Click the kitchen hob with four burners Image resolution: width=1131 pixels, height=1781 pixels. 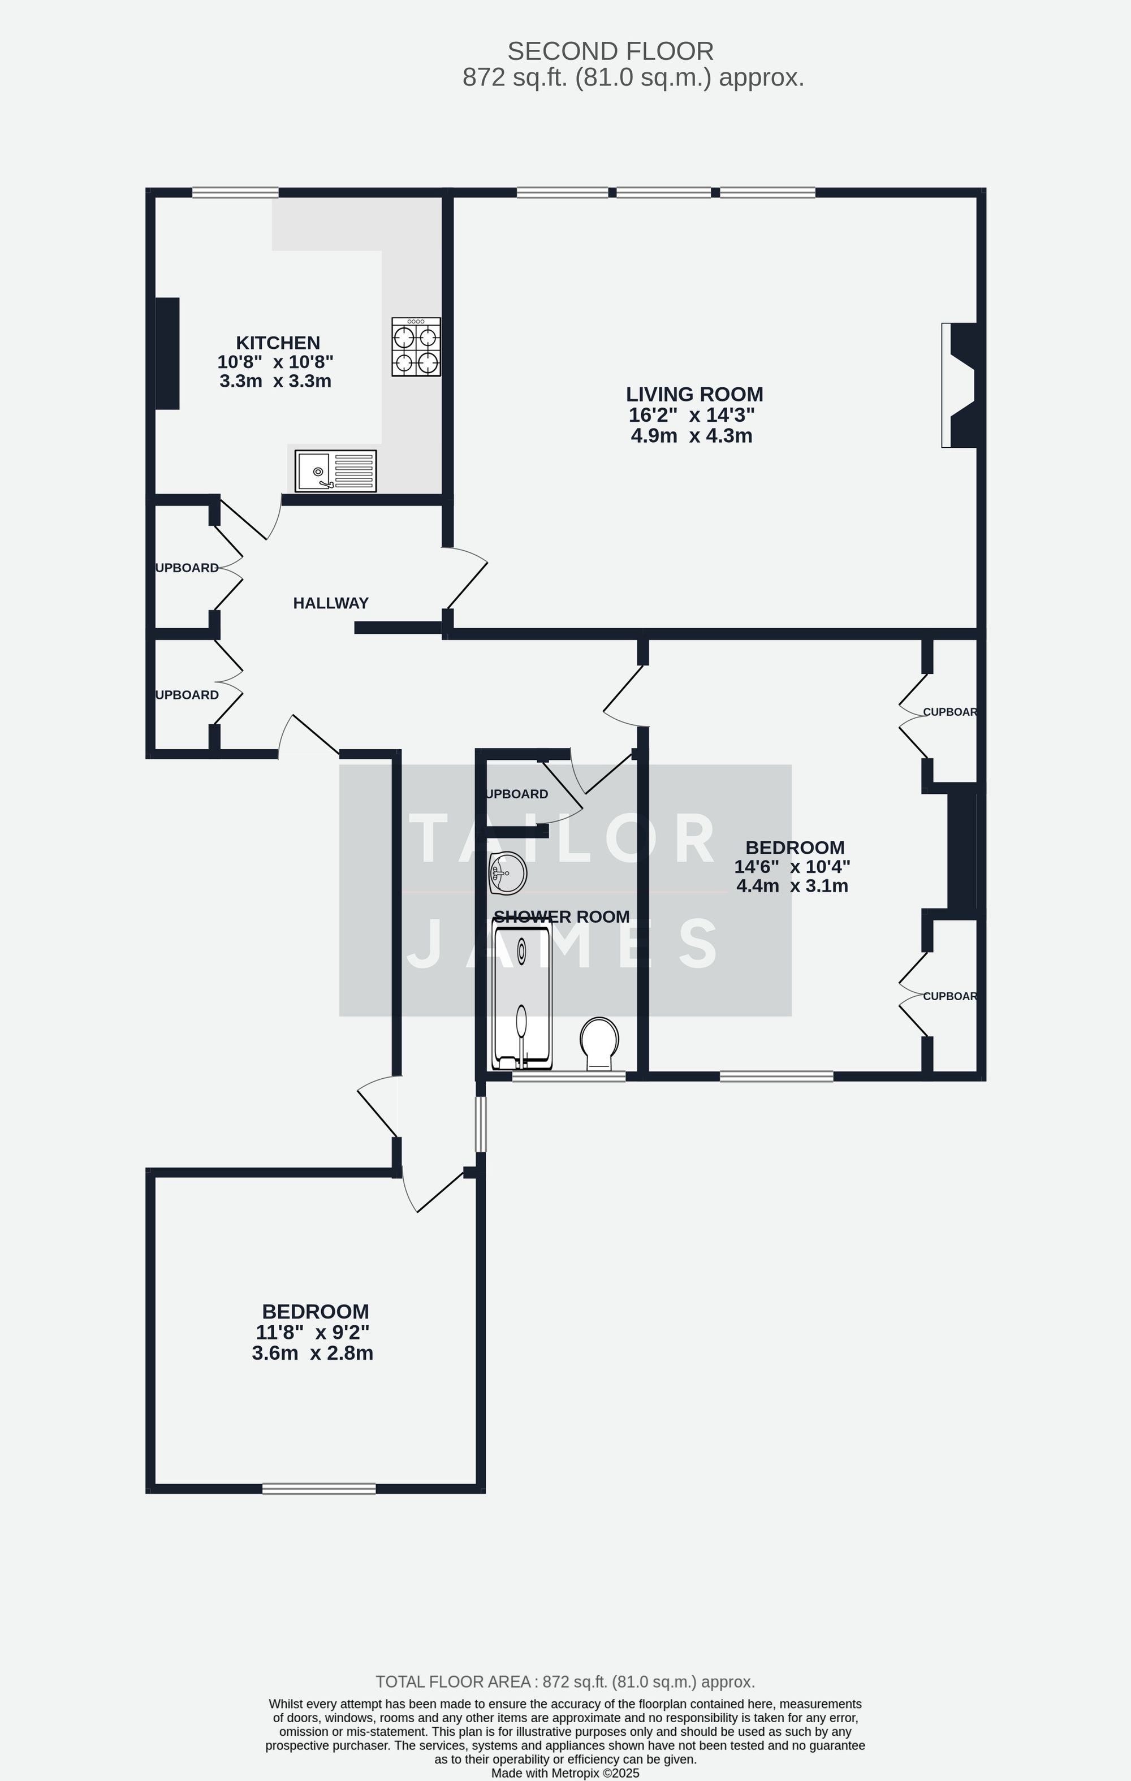click(x=416, y=347)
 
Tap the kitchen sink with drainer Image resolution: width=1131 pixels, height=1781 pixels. click(x=335, y=471)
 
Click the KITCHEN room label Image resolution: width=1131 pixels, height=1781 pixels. click(x=278, y=343)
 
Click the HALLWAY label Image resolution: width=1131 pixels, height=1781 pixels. click(x=331, y=603)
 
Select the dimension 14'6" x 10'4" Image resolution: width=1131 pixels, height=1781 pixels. click(x=792, y=866)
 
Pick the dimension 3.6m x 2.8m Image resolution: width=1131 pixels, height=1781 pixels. click(x=312, y=1354)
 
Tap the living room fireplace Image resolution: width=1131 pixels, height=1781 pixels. click(x=961, y=386)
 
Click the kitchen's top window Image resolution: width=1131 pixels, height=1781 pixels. click(x=235, y=193)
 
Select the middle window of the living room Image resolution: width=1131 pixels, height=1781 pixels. click(x=663, y=193)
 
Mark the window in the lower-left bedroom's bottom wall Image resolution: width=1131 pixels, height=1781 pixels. click(x=319, y=1489)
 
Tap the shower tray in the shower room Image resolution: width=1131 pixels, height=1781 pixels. click(x=521, y=995)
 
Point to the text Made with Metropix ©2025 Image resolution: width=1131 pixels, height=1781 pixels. click(x=565, y=1773)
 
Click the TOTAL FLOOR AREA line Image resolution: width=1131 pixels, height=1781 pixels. click(x=565, y=1682)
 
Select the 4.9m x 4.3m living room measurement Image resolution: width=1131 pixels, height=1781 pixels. click(x=692, y=435)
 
